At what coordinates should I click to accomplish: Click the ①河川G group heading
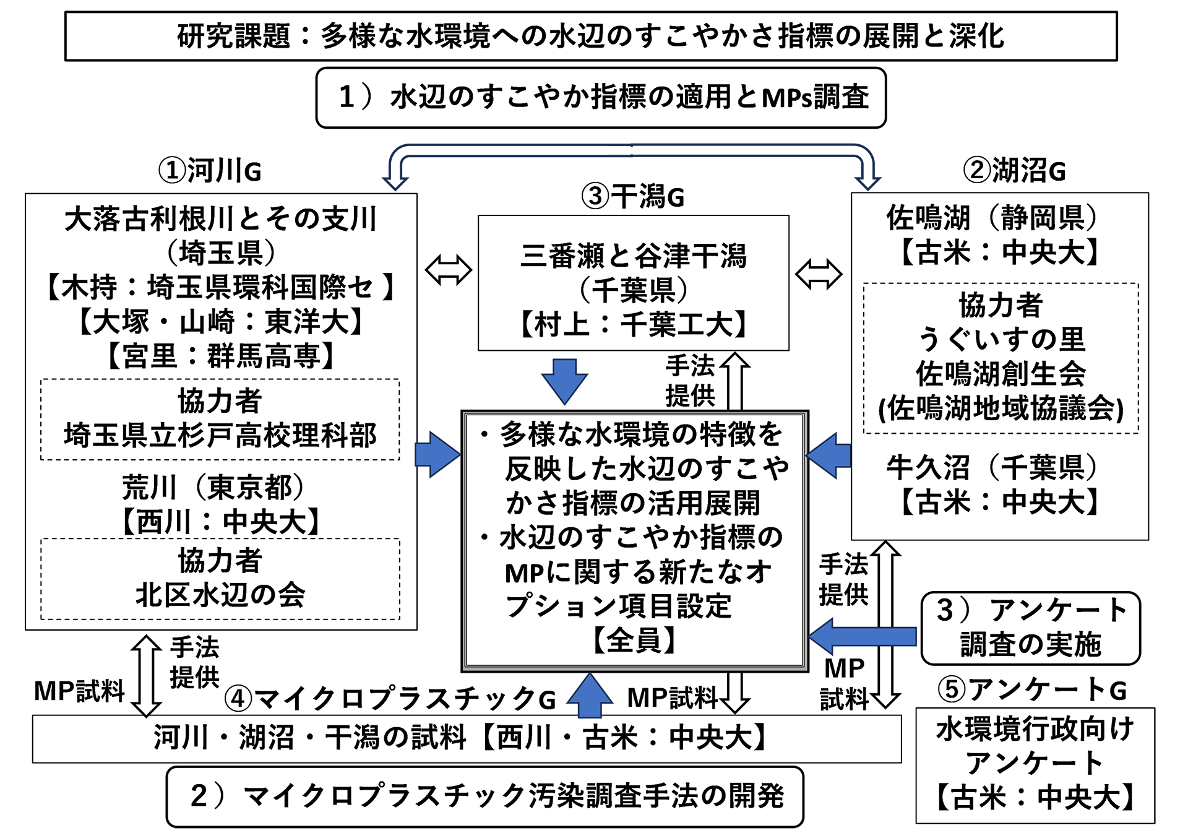coord(210,170)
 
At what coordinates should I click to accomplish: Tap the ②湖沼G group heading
coord(1014,170)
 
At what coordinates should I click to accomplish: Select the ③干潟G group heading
coord(632,197)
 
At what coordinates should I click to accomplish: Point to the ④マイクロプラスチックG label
coord(390,699)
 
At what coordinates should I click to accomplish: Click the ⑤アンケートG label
coord(1032,689)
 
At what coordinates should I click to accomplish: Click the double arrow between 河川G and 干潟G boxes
coord(449,270)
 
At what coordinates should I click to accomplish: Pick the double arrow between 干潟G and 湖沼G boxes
coord(818,274)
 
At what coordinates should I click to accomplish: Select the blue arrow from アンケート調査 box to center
coord(863,636)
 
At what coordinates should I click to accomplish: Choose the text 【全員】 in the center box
coord(634,640)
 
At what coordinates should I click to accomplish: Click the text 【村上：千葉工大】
coord(634,324)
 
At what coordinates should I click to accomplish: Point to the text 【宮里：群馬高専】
coord(220,356)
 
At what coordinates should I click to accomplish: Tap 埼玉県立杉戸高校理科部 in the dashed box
coord(220,435)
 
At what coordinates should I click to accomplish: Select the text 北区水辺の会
coord(220,595)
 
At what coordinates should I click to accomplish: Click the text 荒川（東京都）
coord(213,487)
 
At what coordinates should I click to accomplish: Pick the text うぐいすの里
coord(1001,339)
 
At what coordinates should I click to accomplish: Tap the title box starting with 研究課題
coord(591,36)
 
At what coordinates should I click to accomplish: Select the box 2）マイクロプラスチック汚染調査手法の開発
coord(484,796)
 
